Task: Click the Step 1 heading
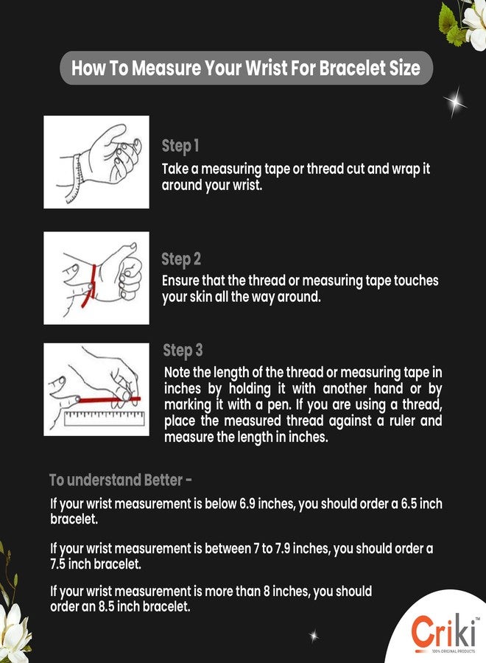tap(180, 146)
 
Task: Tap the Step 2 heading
tap(181, 259)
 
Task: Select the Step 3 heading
tap(183, 350)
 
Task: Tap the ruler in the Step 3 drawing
tap(105, 418)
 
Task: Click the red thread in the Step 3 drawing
tap(109, 399)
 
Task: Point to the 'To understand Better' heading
tap(121, 480)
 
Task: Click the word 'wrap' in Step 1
tap(405, 169)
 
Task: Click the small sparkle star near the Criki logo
tap(314, 636)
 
